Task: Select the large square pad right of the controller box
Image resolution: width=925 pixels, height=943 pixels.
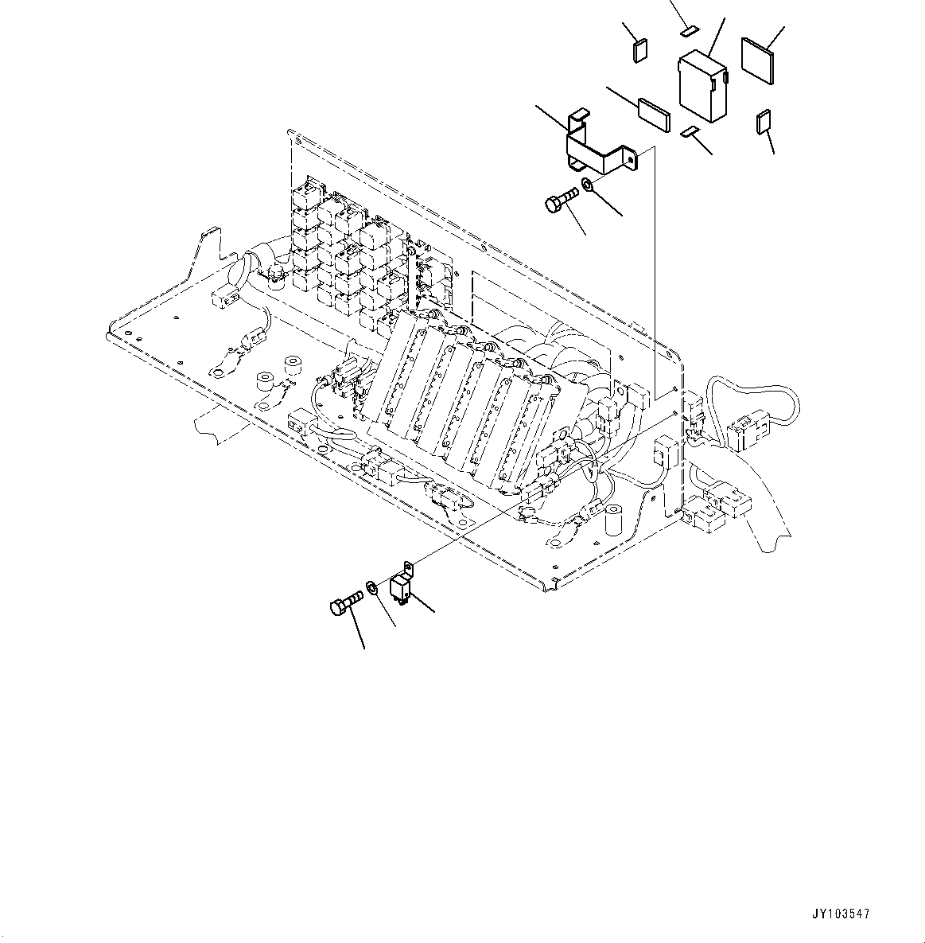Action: point(758,58)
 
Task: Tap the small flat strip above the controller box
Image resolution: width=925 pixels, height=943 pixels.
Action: point(689,31)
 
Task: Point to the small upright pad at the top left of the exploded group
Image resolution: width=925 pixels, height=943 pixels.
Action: point(638,50)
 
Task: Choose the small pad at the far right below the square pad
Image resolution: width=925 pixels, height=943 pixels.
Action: point(764,122)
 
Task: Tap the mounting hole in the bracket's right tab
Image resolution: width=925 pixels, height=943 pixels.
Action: point(631,160)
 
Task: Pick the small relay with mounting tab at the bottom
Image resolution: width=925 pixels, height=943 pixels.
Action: point(402,586)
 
